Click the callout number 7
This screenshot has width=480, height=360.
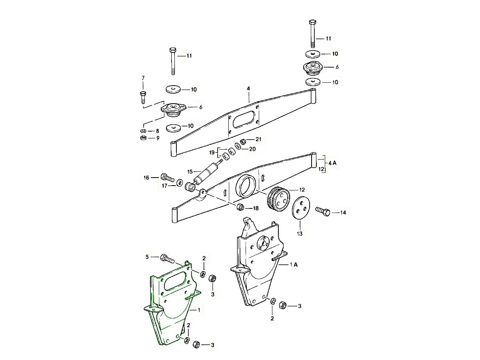point(143,78)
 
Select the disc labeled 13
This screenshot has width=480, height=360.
point(300,208)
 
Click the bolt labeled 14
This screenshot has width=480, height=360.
point(322,212)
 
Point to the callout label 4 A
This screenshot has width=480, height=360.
point(333,163)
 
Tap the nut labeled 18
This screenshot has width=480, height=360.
point(240,207)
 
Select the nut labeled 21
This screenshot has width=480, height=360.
point(243,141)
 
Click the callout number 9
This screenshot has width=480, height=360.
point(158,138)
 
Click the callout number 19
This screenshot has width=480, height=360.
point(212,152)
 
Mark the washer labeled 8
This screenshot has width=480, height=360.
point(143,131)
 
